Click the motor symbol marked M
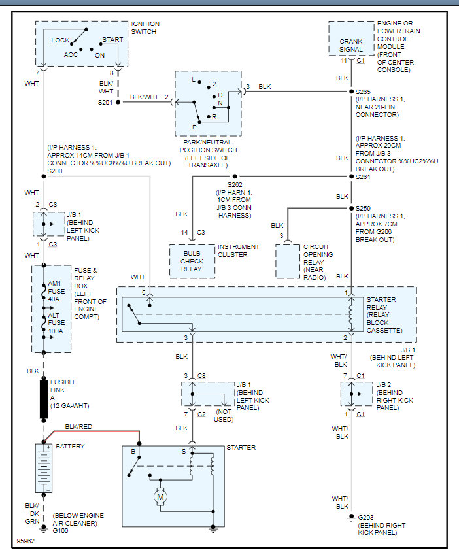(x=160, y=498)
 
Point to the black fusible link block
(x=44, y=397)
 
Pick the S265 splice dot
(x=350, y=91)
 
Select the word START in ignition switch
(x=112, y=40)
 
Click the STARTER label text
(x=241, y=447)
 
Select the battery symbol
(x=44, y=468)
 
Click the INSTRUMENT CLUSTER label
(x=238, y=251)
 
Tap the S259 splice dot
(x=350, y=209)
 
